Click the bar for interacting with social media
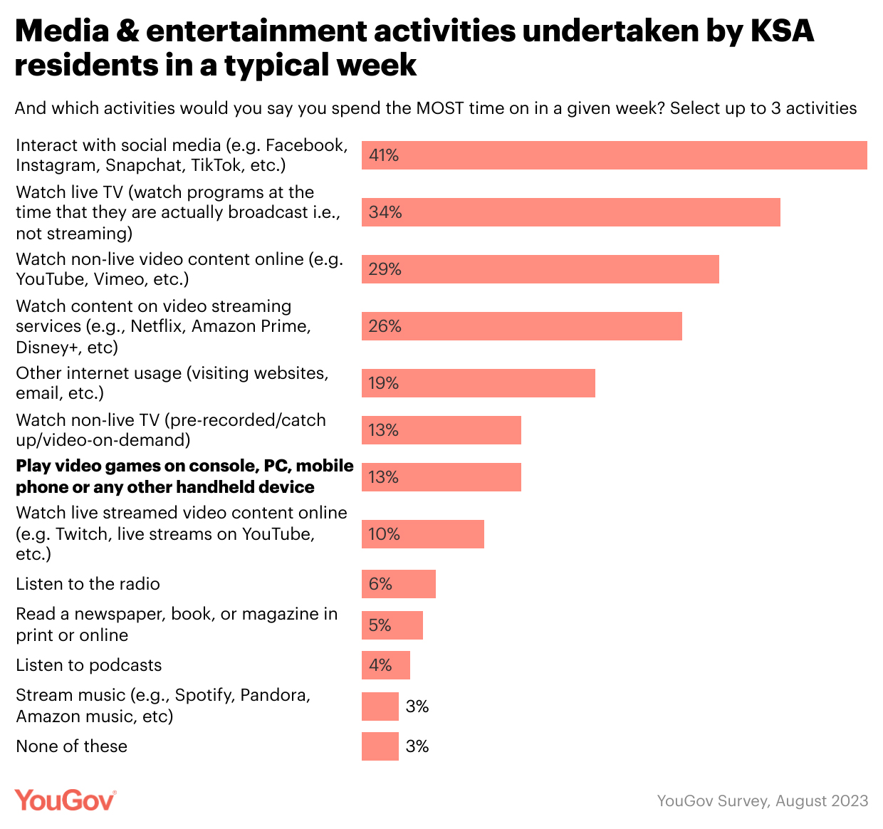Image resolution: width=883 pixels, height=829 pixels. pyautogui.click(x=614, y=155)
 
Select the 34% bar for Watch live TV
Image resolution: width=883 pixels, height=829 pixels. pyautogui.click(x=570, y=212)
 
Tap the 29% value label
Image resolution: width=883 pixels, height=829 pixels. pyautogui.click(x=385, y=269)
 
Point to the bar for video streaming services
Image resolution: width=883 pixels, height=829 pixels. pyautogui.click(x=521, y=326)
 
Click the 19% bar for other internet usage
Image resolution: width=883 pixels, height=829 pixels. pyautogui.click(x=478, y=383)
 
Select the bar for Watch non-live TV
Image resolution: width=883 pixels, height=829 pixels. pyautogui.click(x=441, y=430)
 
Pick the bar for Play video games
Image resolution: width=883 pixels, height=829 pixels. pyautogui.click(x=441, y=477)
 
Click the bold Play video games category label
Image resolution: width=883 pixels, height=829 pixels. pyautogui.click(x=184, y=476)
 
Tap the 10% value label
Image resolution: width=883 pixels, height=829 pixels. pyautogui.click(x=384, y=534)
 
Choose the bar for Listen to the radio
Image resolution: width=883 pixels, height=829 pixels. pyautogui.click(x=398, y=584)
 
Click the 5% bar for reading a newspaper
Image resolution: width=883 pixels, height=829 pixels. pyautogui.click(x=392, y=625)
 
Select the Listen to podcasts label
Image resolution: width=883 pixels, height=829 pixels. pyautogui.click(x=89, y=665)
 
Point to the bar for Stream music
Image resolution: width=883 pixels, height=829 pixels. pyautogui.click(x=380, y=707)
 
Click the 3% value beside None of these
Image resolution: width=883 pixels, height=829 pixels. pyautogui.click(x=417, y=746)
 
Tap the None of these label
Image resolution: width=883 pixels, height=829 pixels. pyautogui.click(x=72, y=746)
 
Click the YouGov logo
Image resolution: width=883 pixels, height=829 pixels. pyautogui.click(x=65, y=801)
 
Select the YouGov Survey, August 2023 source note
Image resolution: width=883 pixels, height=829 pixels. pyautogui.click(x=762, y=801)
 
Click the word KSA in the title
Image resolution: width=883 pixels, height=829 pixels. pyautogui.click(x=782, y=31)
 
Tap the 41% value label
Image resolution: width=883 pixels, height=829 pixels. pyautogui.click(x=384, y=155)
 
